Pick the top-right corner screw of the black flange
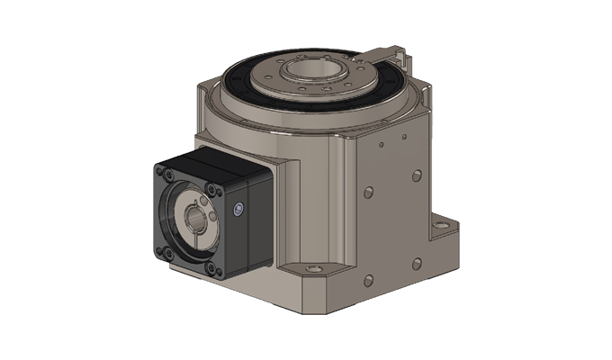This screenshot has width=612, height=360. pyautogui.click(x=211, y=187)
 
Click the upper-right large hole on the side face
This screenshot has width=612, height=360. pyautogui.click(x=416, y=175)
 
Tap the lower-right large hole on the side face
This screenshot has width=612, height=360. pyautogui.click(x=417, y=263)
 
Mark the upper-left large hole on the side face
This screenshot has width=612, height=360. pyautogui.click(x=367, y=193)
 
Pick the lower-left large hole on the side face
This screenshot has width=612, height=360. pyautogui.click(x=367, y=279)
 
